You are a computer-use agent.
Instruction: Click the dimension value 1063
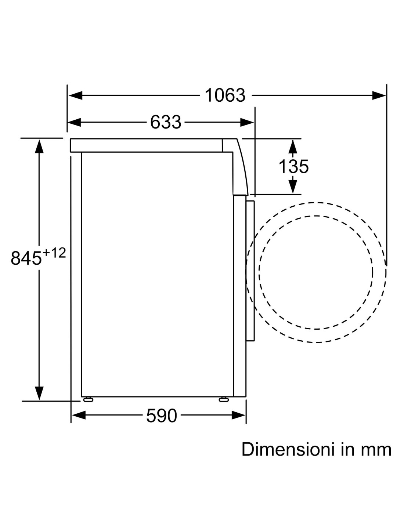[x=225, y=95]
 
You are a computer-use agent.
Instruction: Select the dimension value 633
[x=166, y=122]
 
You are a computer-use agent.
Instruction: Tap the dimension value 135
[x=293, y=166]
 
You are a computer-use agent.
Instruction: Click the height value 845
[x=26, y=258]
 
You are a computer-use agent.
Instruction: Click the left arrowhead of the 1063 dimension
[x=75, y=95]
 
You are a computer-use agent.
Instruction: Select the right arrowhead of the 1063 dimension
[x=379, y=95]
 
